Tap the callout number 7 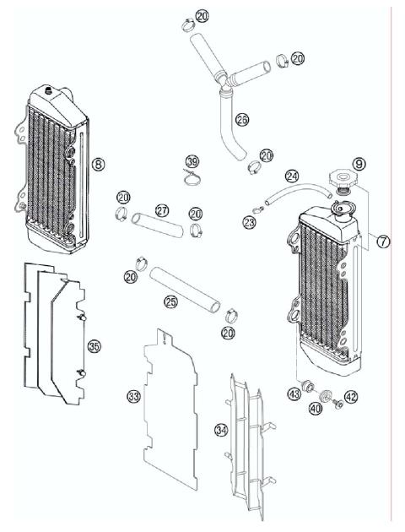383,242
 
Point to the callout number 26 241,121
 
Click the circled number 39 192,161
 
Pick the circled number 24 292,177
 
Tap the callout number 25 170,301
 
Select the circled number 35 94,346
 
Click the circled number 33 133,396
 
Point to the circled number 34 221,430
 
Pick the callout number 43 294,394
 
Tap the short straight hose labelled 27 161,225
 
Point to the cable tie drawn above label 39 193,177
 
